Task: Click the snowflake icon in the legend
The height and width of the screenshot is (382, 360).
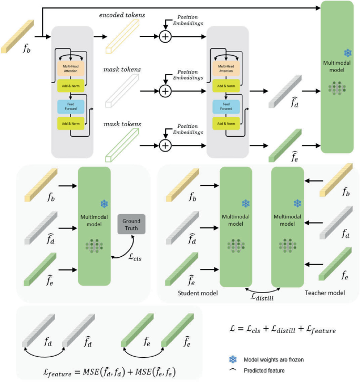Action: tap(232, 359)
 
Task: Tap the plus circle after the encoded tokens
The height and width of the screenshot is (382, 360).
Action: tap(166, 36)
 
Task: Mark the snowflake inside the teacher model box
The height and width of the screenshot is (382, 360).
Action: tap(297, 204)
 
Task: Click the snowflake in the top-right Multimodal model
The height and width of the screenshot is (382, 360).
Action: tap(347, 53)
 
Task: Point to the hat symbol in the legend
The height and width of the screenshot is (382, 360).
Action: tap(232, 369)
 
